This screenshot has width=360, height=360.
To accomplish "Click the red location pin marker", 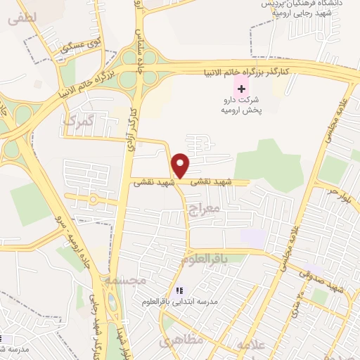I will coord(181,165).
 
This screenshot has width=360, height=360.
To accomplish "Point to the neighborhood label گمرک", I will coord(78,121).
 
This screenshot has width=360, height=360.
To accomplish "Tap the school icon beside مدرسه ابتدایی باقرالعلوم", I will coord(179,290).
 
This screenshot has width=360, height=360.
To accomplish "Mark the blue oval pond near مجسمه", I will coord(112,303).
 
